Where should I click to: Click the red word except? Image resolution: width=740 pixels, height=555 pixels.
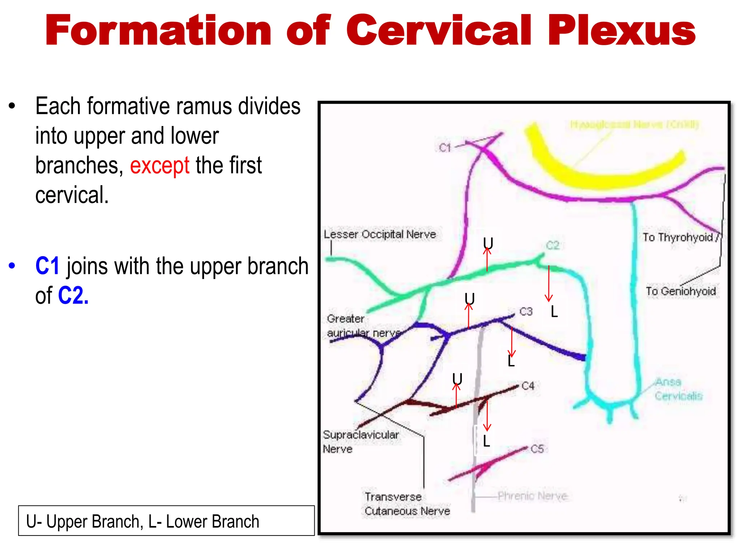point(159,165)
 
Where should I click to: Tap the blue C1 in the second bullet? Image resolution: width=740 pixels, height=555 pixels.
point(47,266)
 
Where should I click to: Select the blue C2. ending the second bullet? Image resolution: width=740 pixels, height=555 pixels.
point(73,296)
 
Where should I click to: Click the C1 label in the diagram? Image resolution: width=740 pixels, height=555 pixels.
point(445,148)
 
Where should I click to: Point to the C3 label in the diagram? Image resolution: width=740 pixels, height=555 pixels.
point(526,311)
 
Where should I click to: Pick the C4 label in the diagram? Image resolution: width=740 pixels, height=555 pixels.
point(528,386)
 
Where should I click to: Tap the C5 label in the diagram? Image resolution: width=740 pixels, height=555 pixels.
point(537,449)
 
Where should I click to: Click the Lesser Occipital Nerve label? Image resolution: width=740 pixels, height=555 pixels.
point(380,235)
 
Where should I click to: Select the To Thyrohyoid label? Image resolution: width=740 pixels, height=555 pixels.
point(678,237)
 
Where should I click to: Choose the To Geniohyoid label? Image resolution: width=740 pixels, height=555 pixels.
point(681,291)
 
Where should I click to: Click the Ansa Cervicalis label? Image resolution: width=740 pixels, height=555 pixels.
point(678,389)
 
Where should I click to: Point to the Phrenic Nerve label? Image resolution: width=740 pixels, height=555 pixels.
point(532,496)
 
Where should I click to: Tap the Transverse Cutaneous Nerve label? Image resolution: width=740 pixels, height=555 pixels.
point(407,504)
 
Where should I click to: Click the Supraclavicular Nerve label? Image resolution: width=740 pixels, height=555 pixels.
point(361,442)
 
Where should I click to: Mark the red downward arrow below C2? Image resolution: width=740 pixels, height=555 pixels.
point(549,284)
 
